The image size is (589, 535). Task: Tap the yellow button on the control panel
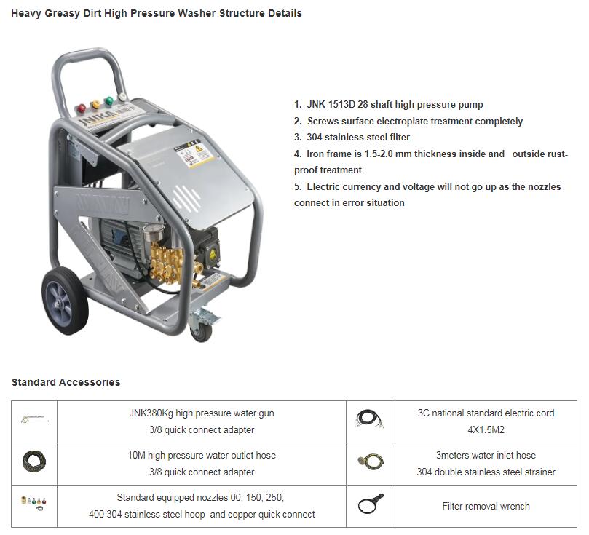94,104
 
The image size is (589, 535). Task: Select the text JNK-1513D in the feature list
332,105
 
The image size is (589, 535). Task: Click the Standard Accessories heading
66,382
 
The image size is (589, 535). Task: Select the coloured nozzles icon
33,502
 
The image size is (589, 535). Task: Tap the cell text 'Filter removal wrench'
486,506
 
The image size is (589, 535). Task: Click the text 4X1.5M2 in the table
486,429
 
